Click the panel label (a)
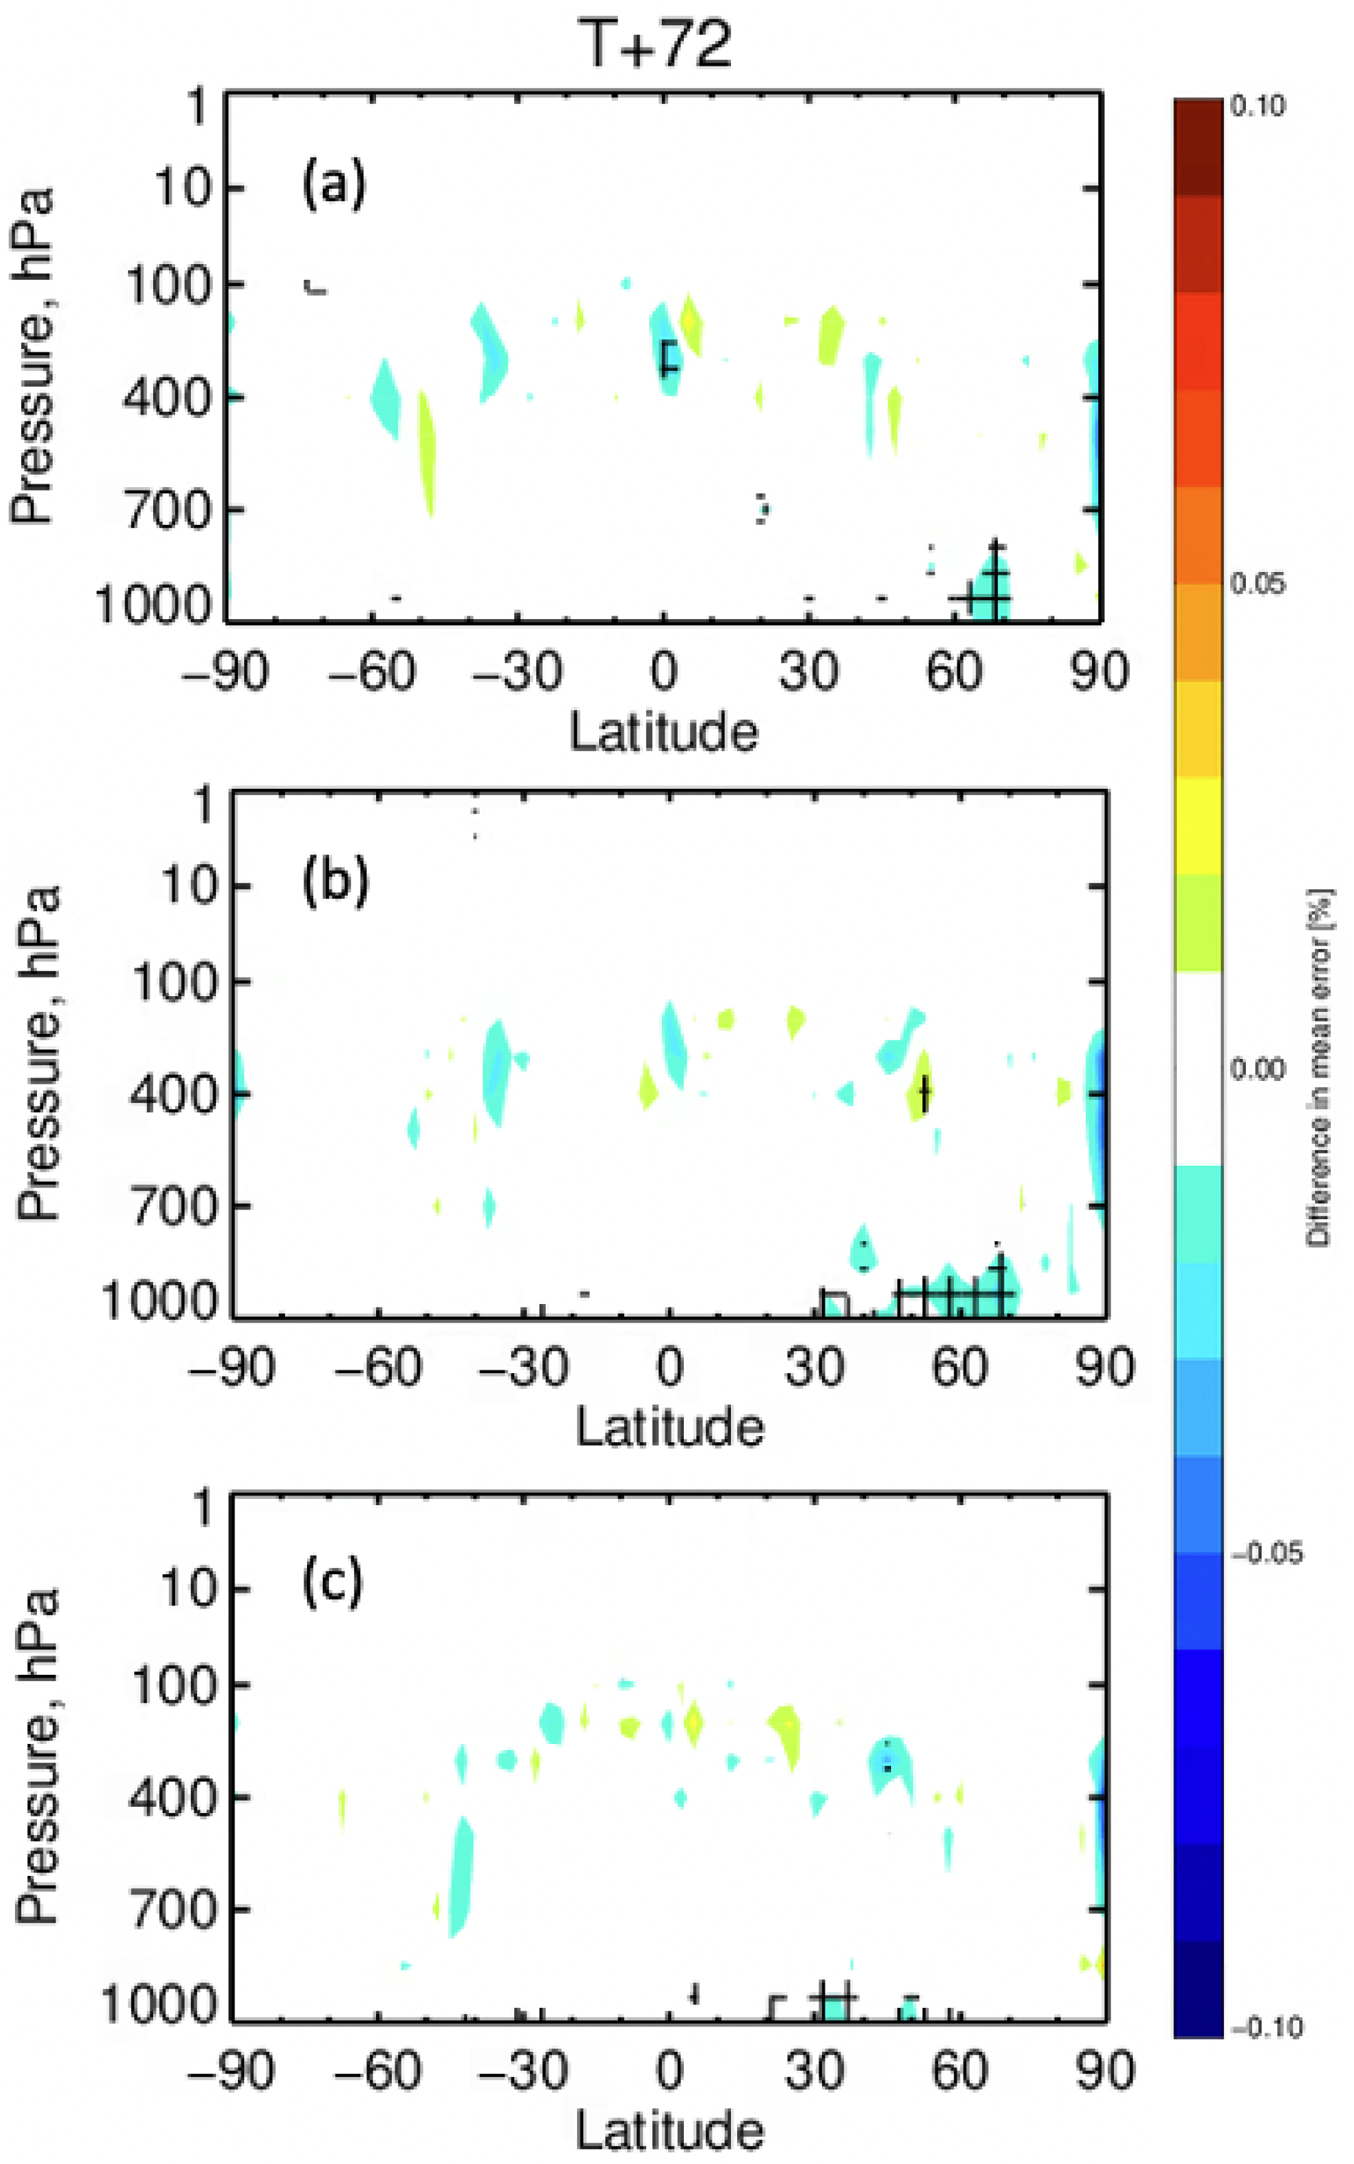point(334,185)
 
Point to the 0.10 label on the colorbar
point(1258,105)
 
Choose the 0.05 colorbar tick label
point(1258,584)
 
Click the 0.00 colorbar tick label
point(1258,1068)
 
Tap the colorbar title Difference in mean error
point(1318,1066)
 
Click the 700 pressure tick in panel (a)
point(168,510)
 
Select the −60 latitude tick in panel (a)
point(371,671)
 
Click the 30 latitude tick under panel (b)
point(814,1368)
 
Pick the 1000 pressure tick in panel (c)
point(159,2005)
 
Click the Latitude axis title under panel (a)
point(663,732)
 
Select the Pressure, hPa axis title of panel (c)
point(38,1756)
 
